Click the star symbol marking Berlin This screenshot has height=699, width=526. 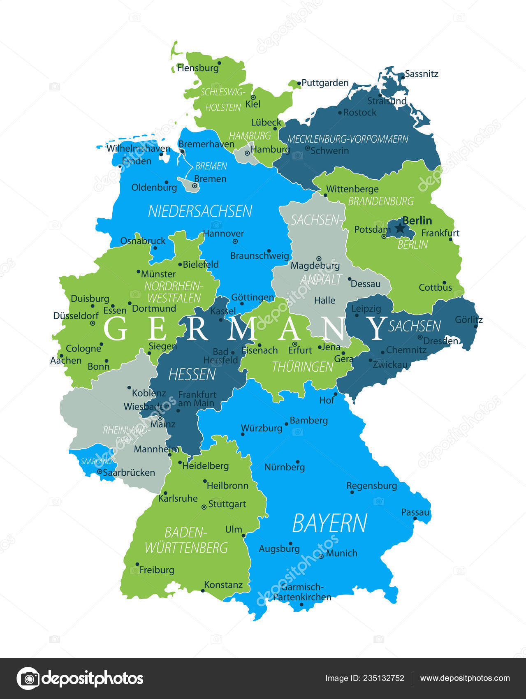(x=400, y=228)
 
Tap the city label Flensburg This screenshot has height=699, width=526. (x=197, y=68)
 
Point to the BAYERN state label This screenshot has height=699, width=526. (x=329, y=523)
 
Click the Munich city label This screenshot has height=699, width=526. (x=341, y=553)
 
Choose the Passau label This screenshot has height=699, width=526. (x=415, y=512)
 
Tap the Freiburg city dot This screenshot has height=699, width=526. (x=137, y=565)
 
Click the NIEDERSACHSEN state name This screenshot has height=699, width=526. (x=200, y=211)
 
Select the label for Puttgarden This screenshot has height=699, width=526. (x=325, y=83)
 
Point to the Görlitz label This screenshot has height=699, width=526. (x=468, y=319)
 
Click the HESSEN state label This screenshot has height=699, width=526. (x=192, y=375)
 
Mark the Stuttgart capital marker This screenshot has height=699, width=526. (x=204, y=507)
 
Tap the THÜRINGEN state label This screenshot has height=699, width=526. (x=302, y=367)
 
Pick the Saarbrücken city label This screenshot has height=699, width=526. (x=129, y=473)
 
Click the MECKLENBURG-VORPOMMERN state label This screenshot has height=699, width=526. (x=348, y=139)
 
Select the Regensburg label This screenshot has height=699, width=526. (x=371, y=486)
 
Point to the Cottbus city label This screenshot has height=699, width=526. (x=435, y=287)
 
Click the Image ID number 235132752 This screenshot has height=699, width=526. (x=385, y=678)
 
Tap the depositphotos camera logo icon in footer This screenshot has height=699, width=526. (x=28, y=678)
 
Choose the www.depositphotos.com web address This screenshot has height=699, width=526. (x=465, y=678)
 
